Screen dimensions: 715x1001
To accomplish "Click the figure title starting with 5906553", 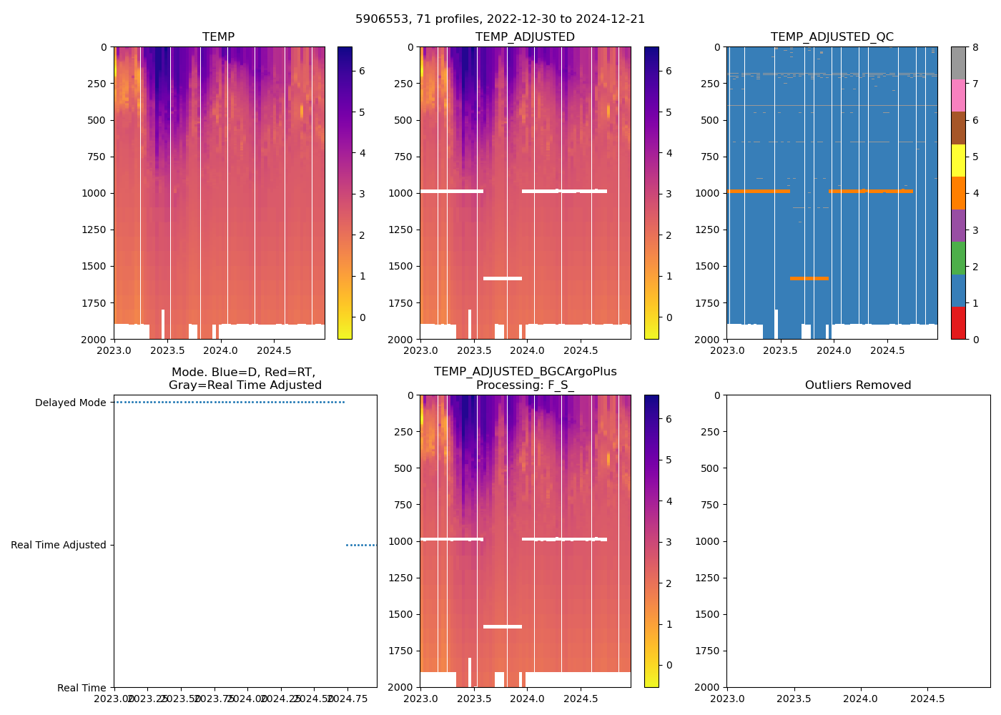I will [x=500, y=19].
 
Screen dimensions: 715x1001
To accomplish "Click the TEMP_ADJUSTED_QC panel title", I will [x=832, y=36].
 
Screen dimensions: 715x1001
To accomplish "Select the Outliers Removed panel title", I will [x=858, y=385].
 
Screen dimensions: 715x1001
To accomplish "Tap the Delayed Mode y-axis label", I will [x=70, y=403].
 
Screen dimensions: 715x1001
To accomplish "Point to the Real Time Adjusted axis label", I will [x=58, y=545].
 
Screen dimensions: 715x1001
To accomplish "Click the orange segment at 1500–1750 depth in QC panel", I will [x=809, y=278].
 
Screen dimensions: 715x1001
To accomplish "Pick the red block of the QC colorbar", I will [x=958, y=322].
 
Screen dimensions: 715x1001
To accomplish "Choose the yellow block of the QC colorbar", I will [x=958, y=160].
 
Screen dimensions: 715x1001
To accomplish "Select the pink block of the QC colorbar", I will [x=958, y=95].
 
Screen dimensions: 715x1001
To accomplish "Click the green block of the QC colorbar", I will [x=958, y=257].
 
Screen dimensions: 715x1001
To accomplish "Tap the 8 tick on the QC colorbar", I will [x=975, y=47].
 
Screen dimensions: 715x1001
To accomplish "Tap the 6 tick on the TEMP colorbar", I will [x=362, y=71].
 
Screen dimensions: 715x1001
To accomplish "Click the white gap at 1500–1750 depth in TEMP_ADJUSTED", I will [x=503, y=278].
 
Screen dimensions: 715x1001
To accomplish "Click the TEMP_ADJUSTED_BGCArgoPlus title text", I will [x=525, y=372].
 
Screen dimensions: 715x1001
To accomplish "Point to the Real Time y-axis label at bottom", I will [x=82, y=688].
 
